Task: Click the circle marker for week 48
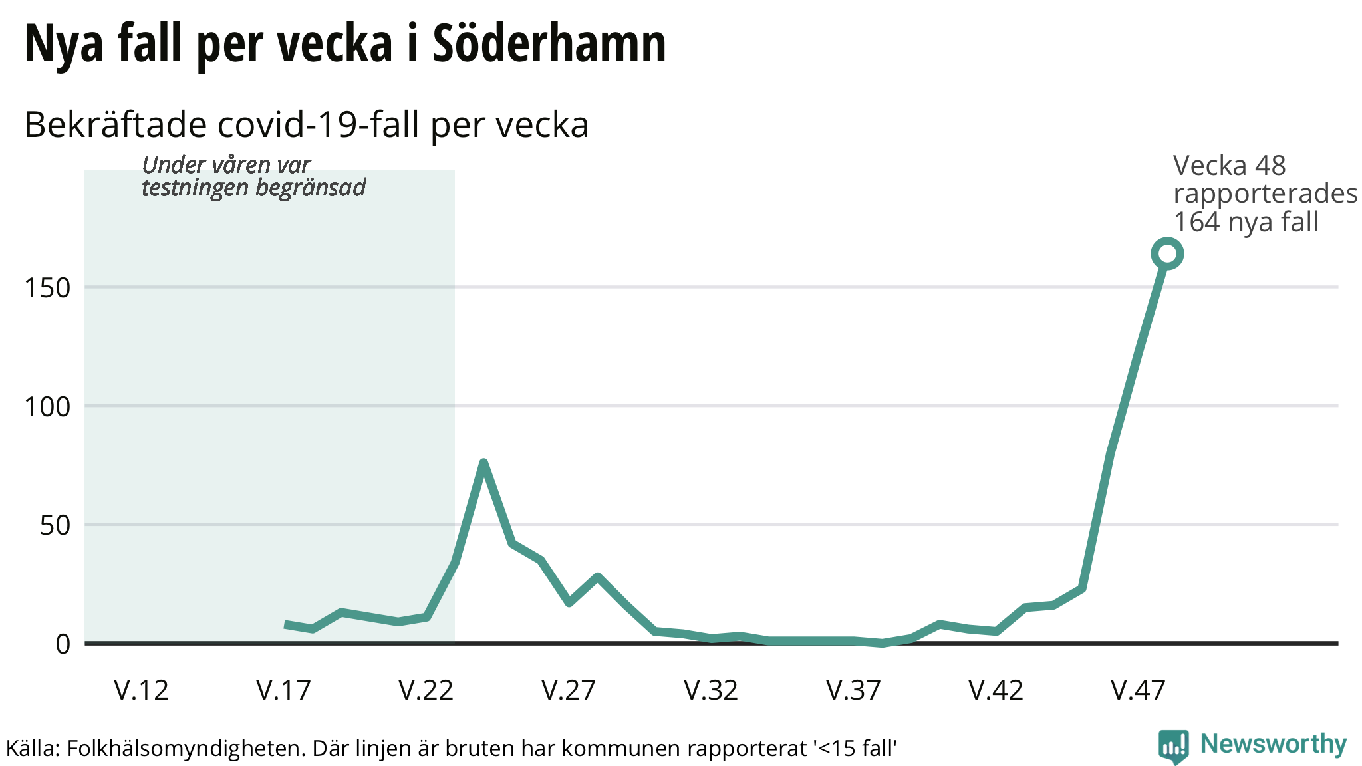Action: click(x=1166, y=253)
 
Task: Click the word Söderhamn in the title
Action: click(x=549, y=44)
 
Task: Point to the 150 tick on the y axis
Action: click(x=47, y=288)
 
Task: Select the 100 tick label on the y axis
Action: click(x=47, y=406)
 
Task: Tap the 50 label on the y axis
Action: click(x=55, y=525)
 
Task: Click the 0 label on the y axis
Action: click(x=63, y=644)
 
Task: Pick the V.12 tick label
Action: click(x=142, y=690)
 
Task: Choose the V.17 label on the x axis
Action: click(x=284, y=690)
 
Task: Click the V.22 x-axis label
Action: click(x=426, y=690)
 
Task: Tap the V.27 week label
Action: click(x=569, y=690)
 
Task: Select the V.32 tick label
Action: click(x=711, y=690)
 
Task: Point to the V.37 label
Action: click(x=853, y=690)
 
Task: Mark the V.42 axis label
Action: click(x=996, y=690)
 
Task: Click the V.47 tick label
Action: click(x=1138, y=690)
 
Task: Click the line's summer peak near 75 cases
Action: click(x=483, y=463)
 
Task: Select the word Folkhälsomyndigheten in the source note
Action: click(x=185, y=749)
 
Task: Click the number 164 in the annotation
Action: click(x=1197, y=222)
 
